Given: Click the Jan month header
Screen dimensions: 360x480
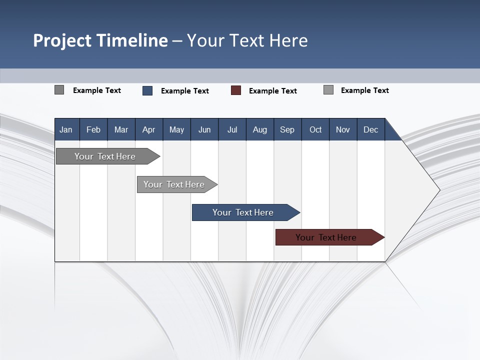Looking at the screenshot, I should pyautogui.click(x=66, y=130).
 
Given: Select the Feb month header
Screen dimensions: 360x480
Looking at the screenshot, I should pyautogui.click(x=93, y=130).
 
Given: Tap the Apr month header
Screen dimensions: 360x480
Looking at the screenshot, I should pyautogui.click(x=148, y=130).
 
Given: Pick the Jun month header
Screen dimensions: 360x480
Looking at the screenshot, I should pyautogui.click(x=204, y=130).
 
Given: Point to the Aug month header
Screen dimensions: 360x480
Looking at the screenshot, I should pyautogui.click(x=259, y=130).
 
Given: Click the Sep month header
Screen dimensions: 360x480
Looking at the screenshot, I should pyautogui.click(x=287, y=130).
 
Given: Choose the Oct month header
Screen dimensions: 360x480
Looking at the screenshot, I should pyautogui.click(x=315, y=130).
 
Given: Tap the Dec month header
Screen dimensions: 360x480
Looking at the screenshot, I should pyautogui.click(x=370, y=130).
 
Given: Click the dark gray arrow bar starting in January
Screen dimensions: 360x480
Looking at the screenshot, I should pyautogui.click(x=105, y=156).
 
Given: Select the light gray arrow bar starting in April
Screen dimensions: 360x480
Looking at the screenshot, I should pyautogui.click(x=174, y=184).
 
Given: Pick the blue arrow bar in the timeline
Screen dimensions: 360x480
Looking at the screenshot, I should pyautogui.click(x=243, y=212).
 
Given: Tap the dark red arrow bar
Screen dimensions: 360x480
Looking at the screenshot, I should pyautogui.click(x=326, y=237).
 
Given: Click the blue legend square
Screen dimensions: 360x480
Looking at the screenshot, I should pyautogui.click(x=147, y=90).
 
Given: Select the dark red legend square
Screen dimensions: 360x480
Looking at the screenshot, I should pyautogui.click(x=236, y=90).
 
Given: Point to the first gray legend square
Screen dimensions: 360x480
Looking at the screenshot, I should pyautogui.click(x=59, y=90).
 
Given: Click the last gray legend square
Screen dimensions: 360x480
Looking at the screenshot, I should pyautogui.click(x=328, y=90).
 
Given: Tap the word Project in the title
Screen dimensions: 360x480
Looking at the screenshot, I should pyautogui.click(x=62, y=40).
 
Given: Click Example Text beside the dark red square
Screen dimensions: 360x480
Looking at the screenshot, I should pyautogui.click(x=272, y=91).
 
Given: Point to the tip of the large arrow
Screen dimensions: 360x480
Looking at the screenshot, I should pyautogui.click(x=438, y=190).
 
